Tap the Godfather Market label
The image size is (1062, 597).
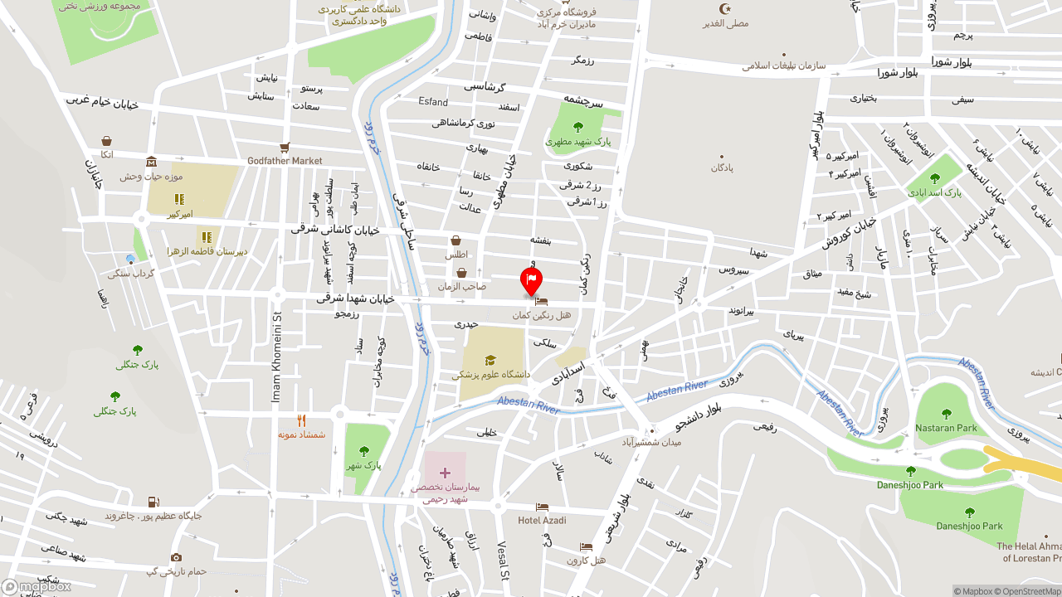tap(285, 161)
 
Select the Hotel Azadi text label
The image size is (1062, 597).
tap(542, 521)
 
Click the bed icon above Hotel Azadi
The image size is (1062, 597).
tap(542, 507)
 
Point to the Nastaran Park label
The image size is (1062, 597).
tap(946, 428)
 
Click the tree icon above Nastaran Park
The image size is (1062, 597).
tap(946, 414)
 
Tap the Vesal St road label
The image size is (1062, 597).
tap(502, 561)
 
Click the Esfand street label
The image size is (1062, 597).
tap(433, 102)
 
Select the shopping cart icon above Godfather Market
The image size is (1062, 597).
tap(285, 147)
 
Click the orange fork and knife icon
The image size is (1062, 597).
tap(301, 420)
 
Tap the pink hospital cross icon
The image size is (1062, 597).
tap(445, 473)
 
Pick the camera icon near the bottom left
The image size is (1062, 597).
tap(176, 558)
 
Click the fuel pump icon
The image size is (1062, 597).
tap(153, 502)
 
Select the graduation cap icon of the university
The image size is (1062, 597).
tap(490, 360)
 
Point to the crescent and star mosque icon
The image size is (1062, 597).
tap(725, 9)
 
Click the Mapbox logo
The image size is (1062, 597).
tap(36, 586)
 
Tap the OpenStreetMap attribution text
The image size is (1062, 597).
tap(1031, 591)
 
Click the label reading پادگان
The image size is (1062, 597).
tap(722, 167)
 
